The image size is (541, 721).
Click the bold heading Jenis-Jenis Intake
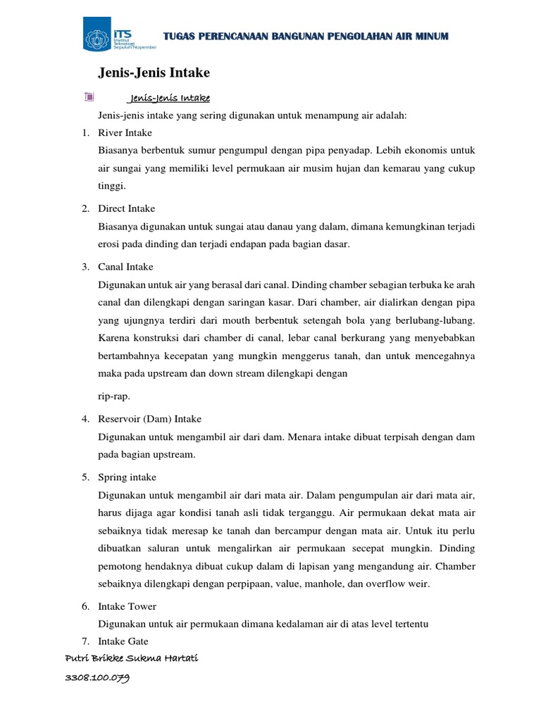[153, 73]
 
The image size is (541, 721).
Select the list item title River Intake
[125, 132]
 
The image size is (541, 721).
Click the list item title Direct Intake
[127, 208]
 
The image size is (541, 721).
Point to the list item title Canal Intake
[125, 267]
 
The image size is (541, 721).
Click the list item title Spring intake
[127, 477]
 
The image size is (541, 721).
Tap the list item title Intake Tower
[127, 606]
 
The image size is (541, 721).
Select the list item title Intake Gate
[124, 641]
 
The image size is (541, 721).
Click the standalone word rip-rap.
[114, 396]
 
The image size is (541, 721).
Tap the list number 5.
[85, 477]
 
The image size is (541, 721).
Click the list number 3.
[85, 267]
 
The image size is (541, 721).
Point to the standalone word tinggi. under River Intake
[113, 187]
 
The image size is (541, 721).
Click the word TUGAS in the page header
[178, 37]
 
